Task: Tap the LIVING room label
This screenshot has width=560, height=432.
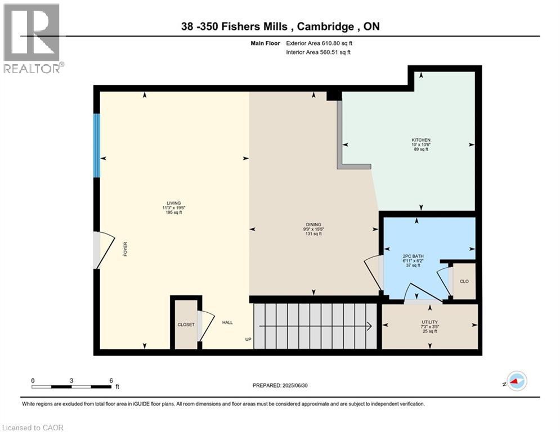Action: (174, 204)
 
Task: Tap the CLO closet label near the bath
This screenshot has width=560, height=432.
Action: (464, 281)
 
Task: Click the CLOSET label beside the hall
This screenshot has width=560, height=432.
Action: (186, 325)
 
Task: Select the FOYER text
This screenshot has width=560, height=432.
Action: (126, 249)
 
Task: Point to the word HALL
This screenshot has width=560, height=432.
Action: (227, 322)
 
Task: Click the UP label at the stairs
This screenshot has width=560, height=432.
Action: (248, 339)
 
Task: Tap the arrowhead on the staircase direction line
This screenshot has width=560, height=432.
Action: (369, 326)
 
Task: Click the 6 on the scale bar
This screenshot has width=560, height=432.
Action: (111, 380)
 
